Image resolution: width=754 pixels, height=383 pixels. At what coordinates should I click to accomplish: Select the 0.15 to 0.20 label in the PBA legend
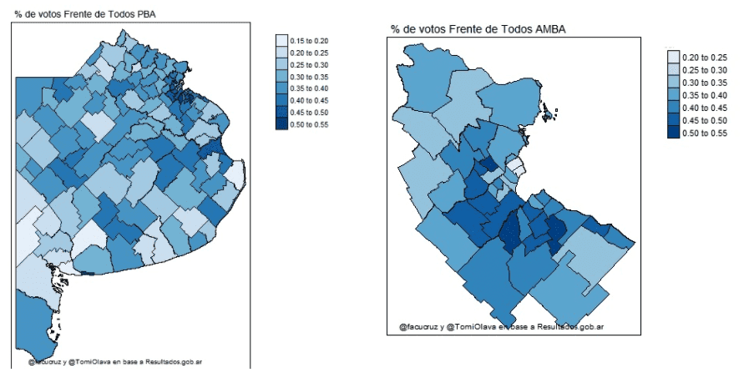tap(309, 41)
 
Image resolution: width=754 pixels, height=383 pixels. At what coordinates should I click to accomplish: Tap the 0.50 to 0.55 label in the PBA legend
tap(309, 124)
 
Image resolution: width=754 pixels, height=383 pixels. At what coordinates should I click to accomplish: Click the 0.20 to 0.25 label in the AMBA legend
tap(703, 57)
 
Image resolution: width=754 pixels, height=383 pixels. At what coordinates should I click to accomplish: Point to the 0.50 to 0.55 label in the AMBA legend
tap(703, 133)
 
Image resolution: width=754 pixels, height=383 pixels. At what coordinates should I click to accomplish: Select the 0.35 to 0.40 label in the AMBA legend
tap(703, 95)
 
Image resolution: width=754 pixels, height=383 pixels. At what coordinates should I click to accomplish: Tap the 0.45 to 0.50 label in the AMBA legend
tap(703, 120)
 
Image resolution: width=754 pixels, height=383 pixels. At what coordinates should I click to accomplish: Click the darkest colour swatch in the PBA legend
tap(281, 124)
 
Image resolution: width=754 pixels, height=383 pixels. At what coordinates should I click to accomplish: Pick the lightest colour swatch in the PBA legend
tap(281, 41)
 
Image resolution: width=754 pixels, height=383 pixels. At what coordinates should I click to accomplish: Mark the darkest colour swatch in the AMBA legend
tap(673, 133)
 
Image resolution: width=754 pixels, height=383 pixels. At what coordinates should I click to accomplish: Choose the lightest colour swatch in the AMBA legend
tap(673, 57)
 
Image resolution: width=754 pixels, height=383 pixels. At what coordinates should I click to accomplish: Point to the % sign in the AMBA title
tap(395, 29)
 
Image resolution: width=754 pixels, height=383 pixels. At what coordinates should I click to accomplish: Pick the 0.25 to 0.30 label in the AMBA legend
tap(703, 69)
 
